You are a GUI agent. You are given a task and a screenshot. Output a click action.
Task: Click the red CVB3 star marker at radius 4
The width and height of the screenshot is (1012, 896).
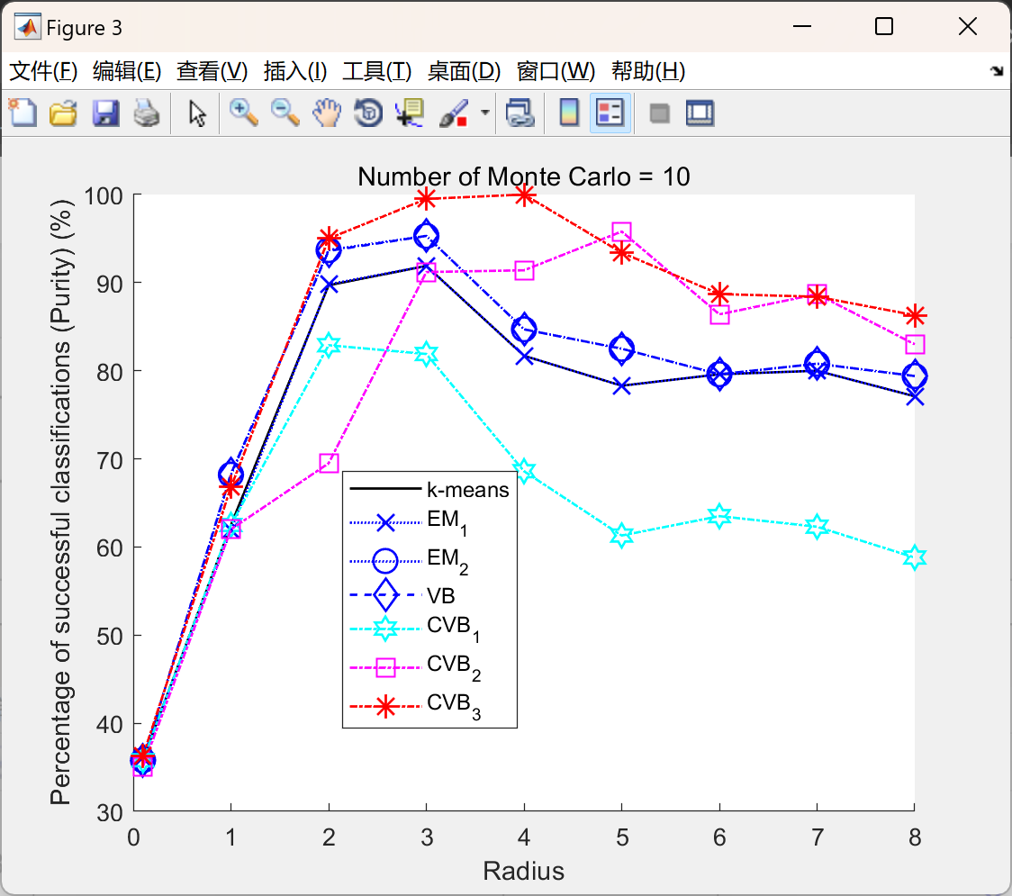525,195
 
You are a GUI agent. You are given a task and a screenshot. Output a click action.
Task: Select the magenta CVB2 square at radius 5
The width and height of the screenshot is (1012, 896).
622,232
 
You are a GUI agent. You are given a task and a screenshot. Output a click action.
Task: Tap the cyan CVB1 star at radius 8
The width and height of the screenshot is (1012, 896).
915,557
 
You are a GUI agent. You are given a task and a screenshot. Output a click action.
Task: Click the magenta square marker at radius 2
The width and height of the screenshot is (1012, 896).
329,463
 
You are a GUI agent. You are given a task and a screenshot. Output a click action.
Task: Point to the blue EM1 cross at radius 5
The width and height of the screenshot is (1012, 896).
622,385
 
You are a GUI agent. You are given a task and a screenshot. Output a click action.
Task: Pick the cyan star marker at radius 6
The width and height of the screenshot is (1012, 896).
719,516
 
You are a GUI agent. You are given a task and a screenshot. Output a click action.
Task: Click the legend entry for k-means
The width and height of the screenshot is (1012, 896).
467,490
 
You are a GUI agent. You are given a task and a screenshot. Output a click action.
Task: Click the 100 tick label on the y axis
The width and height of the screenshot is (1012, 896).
106,195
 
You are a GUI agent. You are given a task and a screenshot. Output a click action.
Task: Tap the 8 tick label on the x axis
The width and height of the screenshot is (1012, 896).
915,837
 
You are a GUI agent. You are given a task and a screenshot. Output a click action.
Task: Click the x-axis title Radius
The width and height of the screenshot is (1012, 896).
523,871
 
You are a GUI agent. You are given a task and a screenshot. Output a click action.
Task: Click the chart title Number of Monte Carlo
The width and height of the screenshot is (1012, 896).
523,176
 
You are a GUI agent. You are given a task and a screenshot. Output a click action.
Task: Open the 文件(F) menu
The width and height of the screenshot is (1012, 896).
43,71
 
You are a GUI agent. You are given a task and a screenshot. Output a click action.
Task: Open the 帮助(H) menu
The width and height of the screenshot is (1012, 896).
647,71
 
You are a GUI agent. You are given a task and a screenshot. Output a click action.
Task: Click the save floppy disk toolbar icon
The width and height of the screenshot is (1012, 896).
105,113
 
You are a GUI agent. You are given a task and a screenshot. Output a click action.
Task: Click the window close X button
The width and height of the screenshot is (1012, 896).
968,27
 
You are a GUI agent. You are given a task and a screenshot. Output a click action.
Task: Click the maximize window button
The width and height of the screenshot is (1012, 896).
884,27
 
